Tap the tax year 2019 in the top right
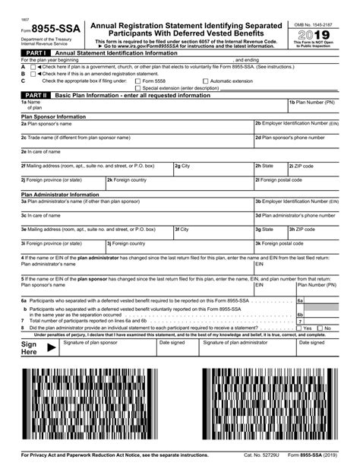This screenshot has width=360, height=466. pos(314,35)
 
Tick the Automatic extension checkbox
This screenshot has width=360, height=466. pos(205,81)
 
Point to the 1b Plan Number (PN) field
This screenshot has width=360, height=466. pos(312,106)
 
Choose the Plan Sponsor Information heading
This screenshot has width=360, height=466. pos(53,117)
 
